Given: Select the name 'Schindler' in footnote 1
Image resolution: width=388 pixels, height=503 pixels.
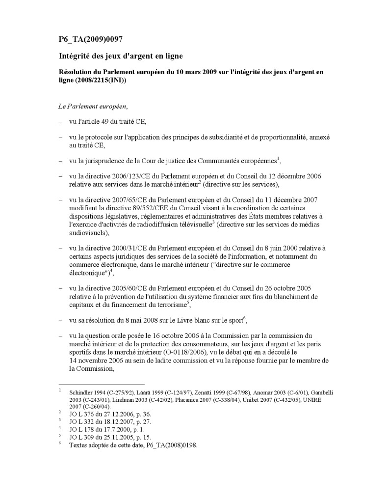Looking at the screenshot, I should click(81, 392).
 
